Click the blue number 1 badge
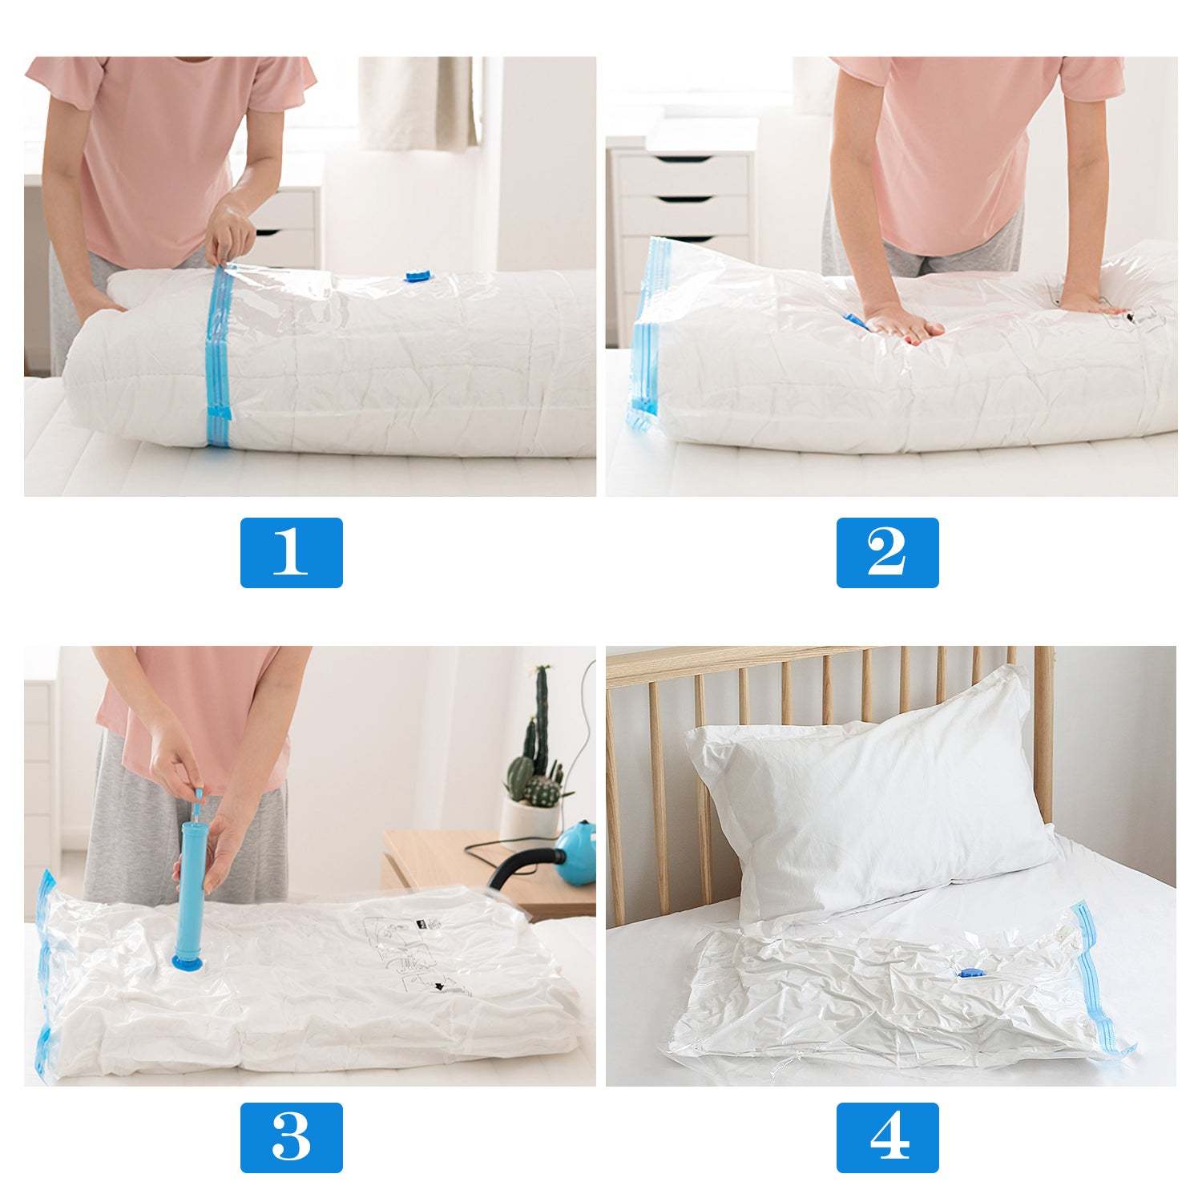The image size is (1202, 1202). (291, 552)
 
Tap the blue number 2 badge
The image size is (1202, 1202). (887, 552)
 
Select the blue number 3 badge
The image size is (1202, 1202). (291, 1137)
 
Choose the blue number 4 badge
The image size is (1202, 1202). (887, 1137)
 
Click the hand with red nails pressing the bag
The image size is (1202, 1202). (897, 325)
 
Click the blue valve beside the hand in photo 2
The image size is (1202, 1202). (855, 322)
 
